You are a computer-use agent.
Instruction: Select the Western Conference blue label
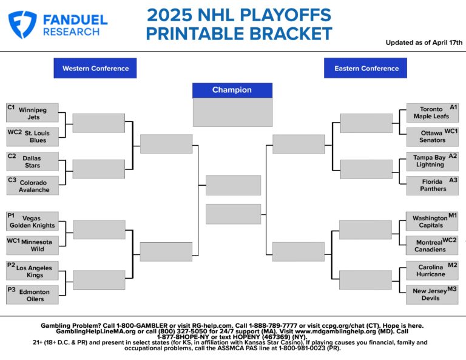pyautogui.click(x=95, y=69)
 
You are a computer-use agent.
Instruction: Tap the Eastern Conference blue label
pyautogui.click(x=366, y=69)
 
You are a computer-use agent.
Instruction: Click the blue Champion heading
pyautogui.click(x=232, y=90)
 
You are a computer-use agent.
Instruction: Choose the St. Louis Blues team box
pyautogui.click(x=33, y=137)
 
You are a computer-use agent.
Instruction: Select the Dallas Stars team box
pyautogui.click(x=33, y=161)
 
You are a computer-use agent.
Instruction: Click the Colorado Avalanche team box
pyautogui.click(x=33, y=186)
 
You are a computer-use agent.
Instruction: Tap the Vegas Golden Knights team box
pyautogui.click(x=33, y=222)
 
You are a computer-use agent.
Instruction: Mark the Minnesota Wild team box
pyautogui.click(x=33, y=245)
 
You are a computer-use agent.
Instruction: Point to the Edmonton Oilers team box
pyautogui.click(x=33, y=295)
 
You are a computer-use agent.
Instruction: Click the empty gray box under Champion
pyautogui.click(x=232, y=112)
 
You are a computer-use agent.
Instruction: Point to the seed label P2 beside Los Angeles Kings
pyautogui.click(x=11, y=265)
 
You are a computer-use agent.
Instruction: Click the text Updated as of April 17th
pyautogui.click(x=424, y=42)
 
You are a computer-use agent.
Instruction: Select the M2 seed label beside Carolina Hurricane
pyautogui.click(x=452, y=265)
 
